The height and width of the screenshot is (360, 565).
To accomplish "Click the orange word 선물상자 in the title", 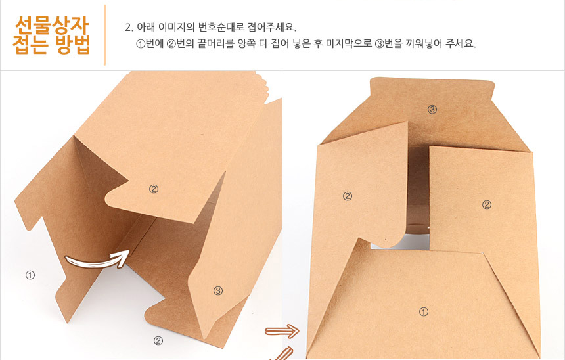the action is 51,25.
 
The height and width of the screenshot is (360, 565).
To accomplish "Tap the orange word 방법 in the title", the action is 72,45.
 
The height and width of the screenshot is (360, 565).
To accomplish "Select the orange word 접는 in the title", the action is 31,45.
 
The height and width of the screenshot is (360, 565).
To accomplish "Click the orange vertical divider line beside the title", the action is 105,35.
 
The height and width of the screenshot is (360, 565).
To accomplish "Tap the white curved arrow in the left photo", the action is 97,259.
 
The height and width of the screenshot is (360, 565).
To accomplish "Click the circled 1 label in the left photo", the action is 30,275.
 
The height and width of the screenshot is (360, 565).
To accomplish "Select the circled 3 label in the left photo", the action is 218,291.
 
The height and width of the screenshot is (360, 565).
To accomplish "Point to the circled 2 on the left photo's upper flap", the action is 154,189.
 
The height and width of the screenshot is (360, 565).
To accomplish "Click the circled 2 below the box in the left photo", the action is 158,340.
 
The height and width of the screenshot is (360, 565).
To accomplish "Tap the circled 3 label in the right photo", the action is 432,109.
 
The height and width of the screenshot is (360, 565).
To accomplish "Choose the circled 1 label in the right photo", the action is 424,311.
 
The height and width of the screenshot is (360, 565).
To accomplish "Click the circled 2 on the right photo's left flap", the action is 348,196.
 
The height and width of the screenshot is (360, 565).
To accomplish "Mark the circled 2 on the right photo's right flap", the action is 487,205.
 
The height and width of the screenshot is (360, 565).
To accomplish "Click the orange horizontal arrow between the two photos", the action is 282,331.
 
